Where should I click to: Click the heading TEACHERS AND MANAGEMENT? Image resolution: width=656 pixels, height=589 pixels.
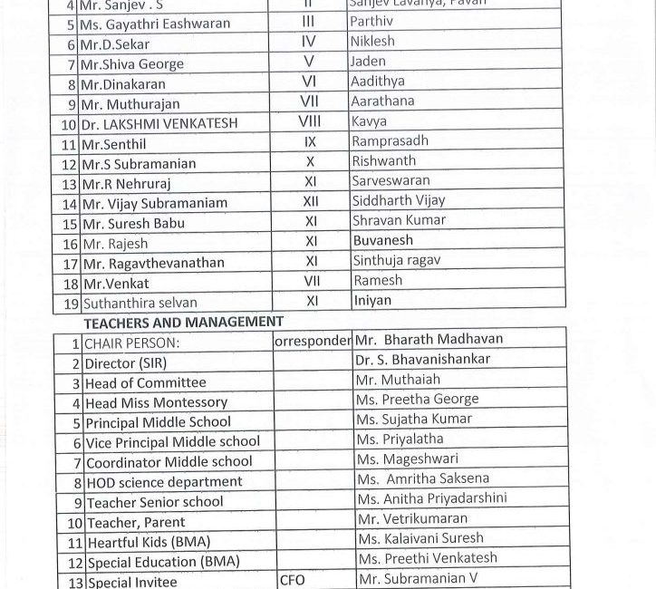coord(183,321)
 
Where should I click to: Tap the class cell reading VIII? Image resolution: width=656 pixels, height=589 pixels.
coord(310,121)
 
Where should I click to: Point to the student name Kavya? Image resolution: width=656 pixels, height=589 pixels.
coord(369,121)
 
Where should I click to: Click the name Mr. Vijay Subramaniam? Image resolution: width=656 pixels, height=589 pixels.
coord(154,203)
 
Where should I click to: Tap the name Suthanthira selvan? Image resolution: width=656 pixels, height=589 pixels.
coord(140,302)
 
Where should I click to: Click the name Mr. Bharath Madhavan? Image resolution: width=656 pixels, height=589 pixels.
coord(429,340)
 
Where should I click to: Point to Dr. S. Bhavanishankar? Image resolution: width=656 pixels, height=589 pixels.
coord(423,360)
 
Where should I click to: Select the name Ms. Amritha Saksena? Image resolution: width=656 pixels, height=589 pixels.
coord(422,478)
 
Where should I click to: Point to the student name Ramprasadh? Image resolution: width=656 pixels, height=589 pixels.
coord(390,141)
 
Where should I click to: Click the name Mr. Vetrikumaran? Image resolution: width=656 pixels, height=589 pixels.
coord(411,519)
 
